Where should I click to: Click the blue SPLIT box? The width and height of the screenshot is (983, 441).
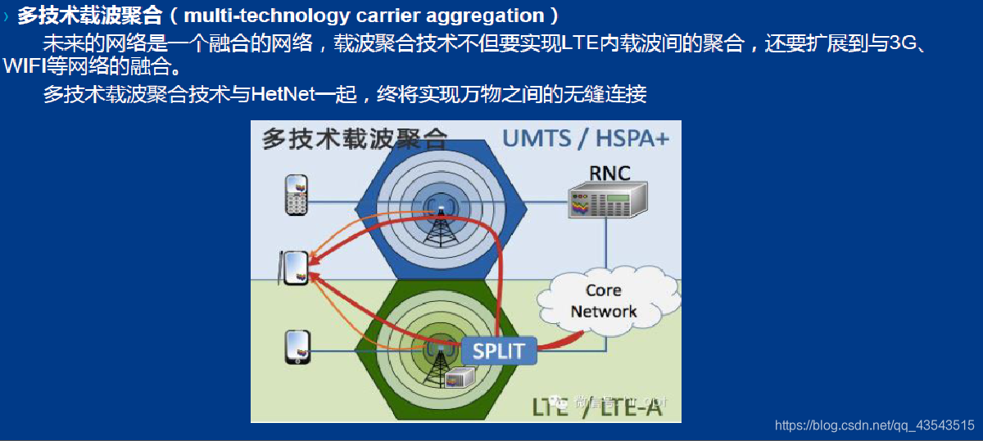pos(498,352)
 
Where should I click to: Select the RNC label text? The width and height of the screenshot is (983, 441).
pos(609,173)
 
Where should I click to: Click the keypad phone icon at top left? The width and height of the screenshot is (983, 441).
pos(296,195)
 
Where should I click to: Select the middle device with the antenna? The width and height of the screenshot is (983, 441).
pos(293,268)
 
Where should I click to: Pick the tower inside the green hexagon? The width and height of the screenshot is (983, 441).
pos(442,360)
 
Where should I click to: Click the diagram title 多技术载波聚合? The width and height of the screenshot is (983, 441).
pos(356,139)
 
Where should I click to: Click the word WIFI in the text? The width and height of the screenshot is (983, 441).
pos(23,65)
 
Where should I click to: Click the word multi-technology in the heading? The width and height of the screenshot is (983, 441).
pos(251,16)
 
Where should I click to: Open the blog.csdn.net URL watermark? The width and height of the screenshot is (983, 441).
pos(874,425)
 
